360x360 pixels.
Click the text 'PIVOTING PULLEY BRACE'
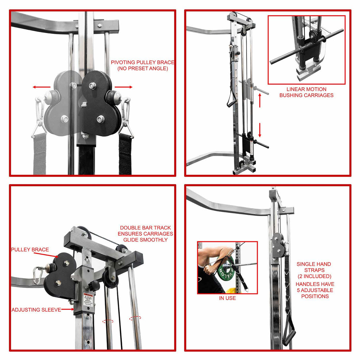pyautogui.click(x=143, y=62)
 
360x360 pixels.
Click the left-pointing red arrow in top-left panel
pyautogui.click(x=39, y=87)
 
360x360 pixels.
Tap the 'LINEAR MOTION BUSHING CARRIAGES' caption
pyautogui.click(x=306, y=92)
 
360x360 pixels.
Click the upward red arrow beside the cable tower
pyautogui.click(x=260, y=100)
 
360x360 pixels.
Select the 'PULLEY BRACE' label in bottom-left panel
pyautogui.click(x=30, y=250)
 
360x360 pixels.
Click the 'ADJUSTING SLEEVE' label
pyautogui.click(x=36, y=310)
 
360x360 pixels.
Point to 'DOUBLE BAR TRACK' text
pyautogui.click(x=145, y=228)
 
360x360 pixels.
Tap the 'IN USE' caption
pyautogui.click(x=227, y=298)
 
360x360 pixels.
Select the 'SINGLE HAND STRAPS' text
pyautogui.click(x=314, y=270)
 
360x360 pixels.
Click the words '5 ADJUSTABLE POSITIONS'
pyautogui.click(x=315, y=293)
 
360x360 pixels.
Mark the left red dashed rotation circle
pyautogui.click(x=108, y=321)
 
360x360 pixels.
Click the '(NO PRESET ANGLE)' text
pyautogui.click(x=143, y=69)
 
